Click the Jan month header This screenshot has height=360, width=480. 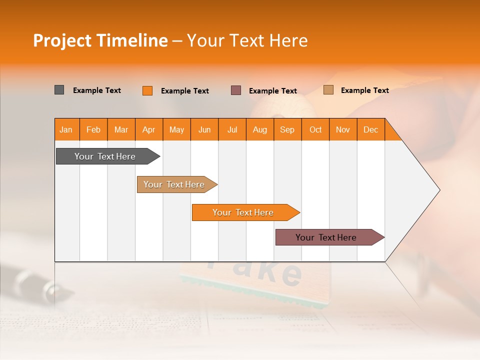(66, 129)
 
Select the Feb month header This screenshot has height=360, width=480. (93, 129)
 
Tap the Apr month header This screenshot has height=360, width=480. (148, 129)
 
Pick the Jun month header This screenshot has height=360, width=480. (204, 129)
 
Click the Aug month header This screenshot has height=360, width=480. (259, 129)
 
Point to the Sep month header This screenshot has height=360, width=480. (287, 129)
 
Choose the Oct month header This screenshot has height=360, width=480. (315, 129)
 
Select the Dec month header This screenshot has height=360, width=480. (370, 129)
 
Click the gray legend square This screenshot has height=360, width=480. (59, 90)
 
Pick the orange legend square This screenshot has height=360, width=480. (147, 90)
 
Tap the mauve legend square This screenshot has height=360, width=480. (236, 90)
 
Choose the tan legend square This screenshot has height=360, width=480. (328, 90)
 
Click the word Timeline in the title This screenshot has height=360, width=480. (131, 40)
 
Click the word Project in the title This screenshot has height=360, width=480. (61, 40)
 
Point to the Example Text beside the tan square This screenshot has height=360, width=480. (364, 90)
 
